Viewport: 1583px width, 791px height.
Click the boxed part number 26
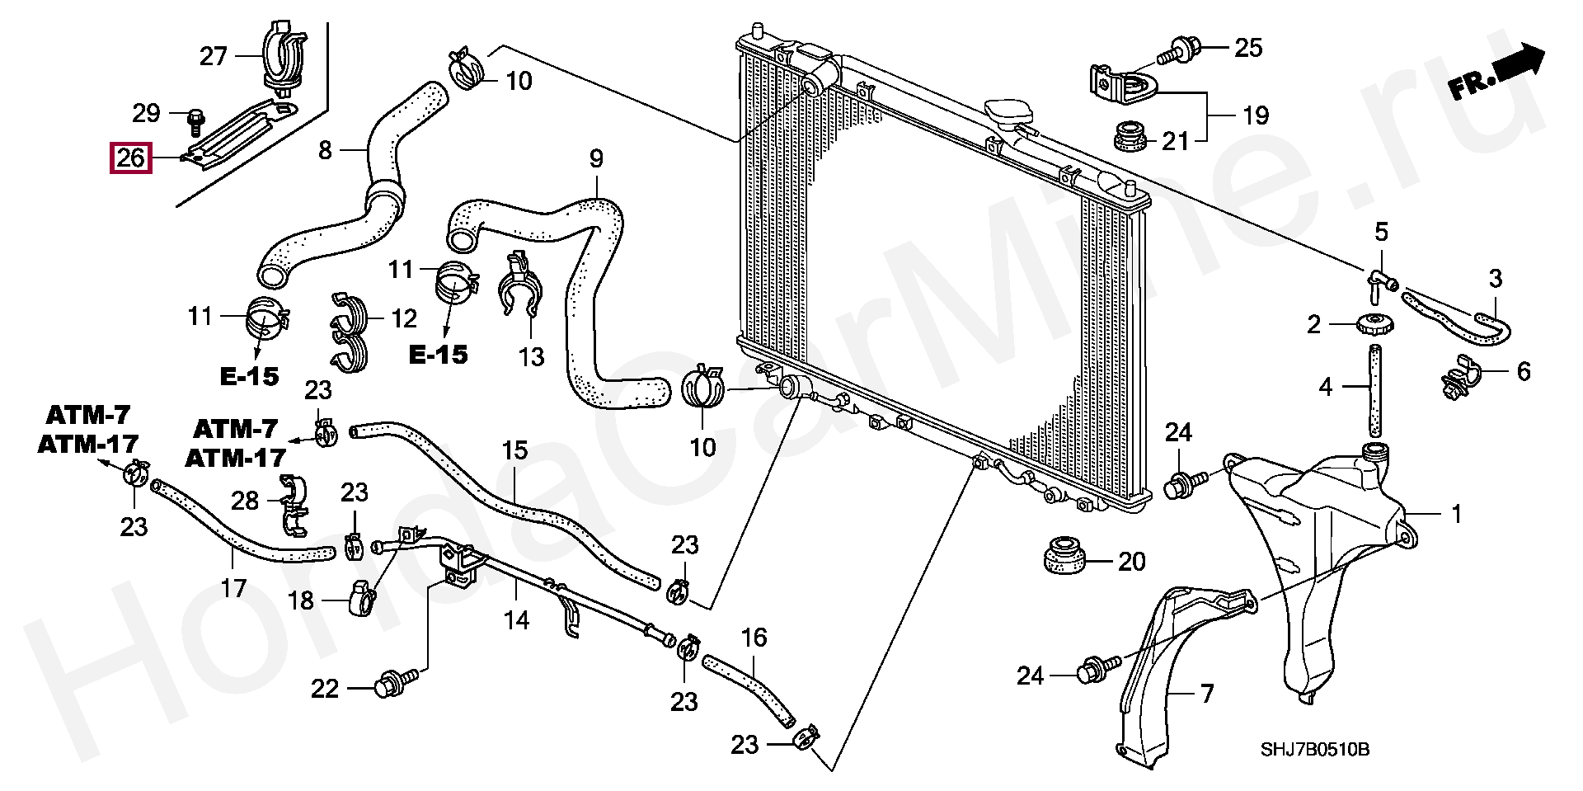(x=131, y=158)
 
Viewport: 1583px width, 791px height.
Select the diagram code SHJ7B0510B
(x=1314, y=749)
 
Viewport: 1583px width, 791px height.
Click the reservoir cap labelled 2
(x=1375, y=323)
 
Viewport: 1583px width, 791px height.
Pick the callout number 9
(x=596, y=158)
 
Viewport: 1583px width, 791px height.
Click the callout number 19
(x=1255, y=115)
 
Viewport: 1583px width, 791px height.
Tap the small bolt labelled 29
(x=195, y=121)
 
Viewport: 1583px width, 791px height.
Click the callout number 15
(x=514, y=450)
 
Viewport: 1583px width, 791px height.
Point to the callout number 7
(x=1207, y=693)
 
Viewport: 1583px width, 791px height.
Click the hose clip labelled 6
(x=1463, y=376)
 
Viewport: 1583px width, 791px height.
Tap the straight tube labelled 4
(x=1375, y=392)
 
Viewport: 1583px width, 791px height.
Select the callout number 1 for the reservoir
(x=1457, y=514)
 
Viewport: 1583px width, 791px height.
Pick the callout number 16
(x=754, y=638)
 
